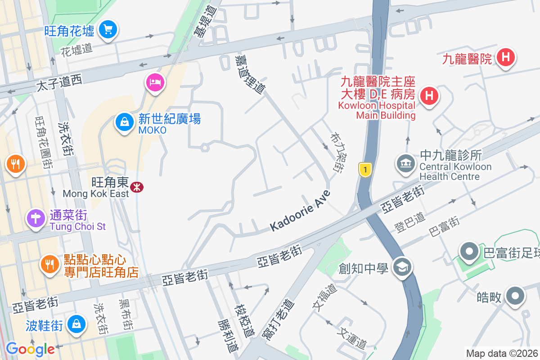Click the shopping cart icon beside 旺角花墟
108,30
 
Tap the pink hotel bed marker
155,82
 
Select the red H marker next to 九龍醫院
505,58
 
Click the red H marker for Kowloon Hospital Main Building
429,95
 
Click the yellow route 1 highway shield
365,170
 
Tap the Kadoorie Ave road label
300,211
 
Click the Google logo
30,349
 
